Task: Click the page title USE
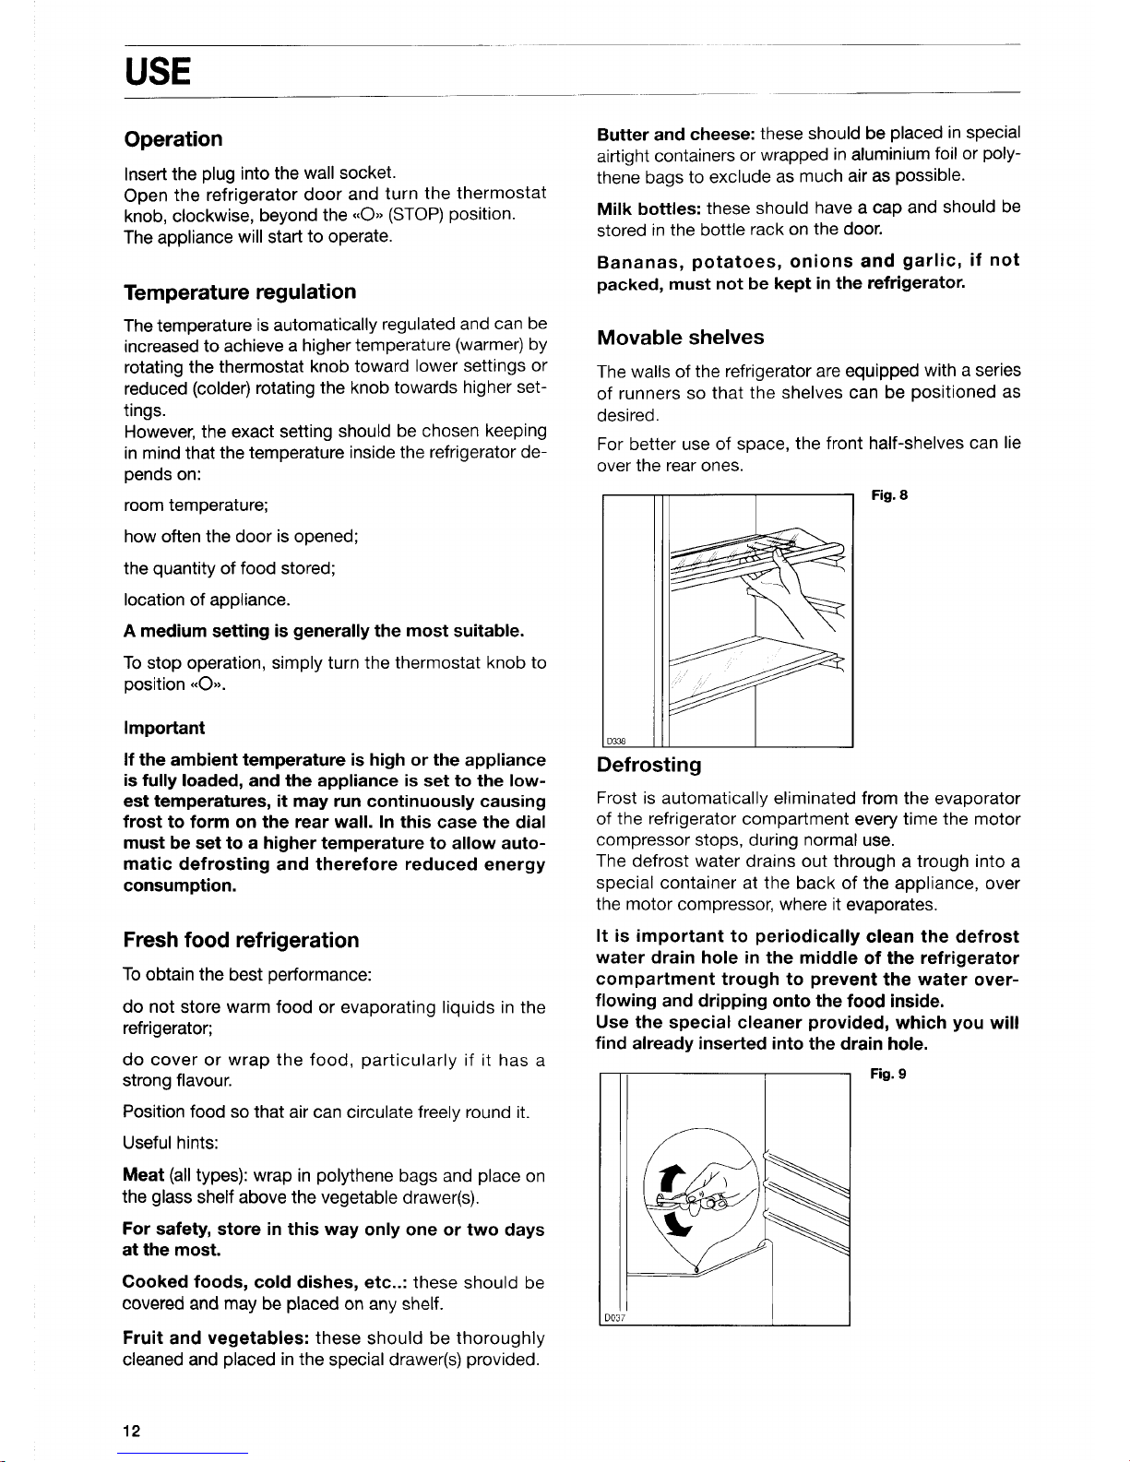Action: (x=158, y=71)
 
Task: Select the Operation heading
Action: (x=173, y=139)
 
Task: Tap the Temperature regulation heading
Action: (x=240, y=292)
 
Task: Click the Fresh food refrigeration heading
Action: (x=241, y=941)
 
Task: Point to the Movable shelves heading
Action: (x=681, y=338)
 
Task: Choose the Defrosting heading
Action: (x=649, y=766)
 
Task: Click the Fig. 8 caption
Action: (x=890, y=496)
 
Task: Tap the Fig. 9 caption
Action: (x=890, y=1074)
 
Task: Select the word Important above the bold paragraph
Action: (x=164, y=729)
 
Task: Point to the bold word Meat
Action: (x=144, y=1176)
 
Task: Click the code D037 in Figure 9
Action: (x=615, y=1317)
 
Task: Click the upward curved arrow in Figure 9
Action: (x=669, y=1180)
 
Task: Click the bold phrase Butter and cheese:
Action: (x=677, y=133)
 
